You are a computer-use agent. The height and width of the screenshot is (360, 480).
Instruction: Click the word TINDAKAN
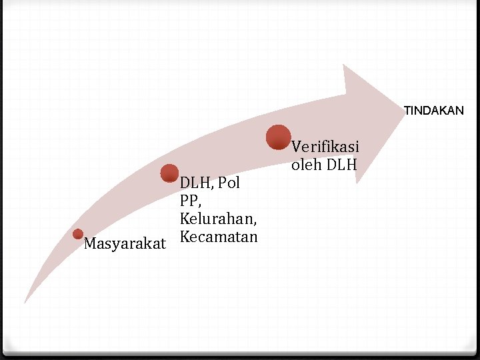click(434, 111)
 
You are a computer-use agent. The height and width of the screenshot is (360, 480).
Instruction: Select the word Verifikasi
click(325, 146)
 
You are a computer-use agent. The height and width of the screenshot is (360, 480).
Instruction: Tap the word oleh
click(306, 163)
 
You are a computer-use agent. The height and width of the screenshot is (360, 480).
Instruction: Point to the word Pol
click(229, 183)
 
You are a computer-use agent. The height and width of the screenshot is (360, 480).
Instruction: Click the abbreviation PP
click(188, 201)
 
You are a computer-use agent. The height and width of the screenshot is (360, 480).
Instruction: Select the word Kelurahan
click(218, 219)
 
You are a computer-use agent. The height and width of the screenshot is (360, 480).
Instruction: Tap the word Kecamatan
click(218, 237)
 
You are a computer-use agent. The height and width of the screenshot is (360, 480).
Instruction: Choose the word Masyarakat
click(125, 244)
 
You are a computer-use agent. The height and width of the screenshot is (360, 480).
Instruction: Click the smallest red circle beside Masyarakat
click(78, 234)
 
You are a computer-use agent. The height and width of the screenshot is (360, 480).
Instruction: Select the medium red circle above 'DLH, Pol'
click(170, 173)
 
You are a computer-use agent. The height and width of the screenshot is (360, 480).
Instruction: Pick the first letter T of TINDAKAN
click(407, 111)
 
